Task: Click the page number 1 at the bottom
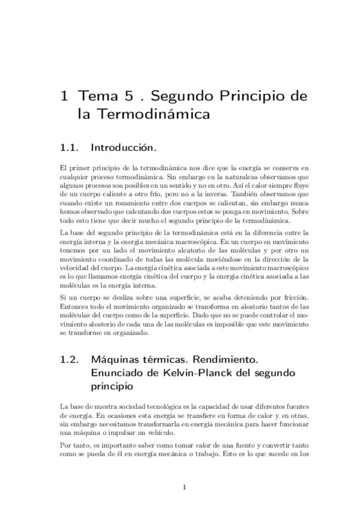[x=184, y=487]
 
